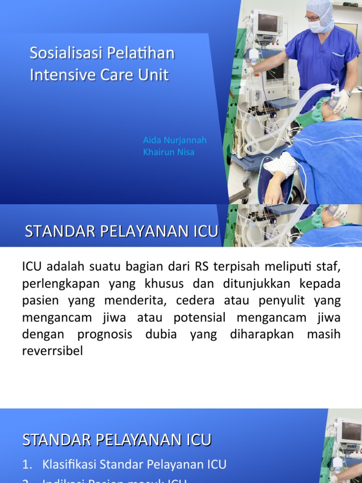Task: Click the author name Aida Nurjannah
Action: [x=174, y=141]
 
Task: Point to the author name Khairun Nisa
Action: [x=168, y=152]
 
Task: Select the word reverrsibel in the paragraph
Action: [x=52, y=351]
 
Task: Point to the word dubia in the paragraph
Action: [x=162, y=334]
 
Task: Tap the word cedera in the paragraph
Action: [x=195, y=300]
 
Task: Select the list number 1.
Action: [x=27, y=464]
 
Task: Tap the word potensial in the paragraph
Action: [x=199, y=317]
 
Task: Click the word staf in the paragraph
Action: [x=329, y=266]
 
